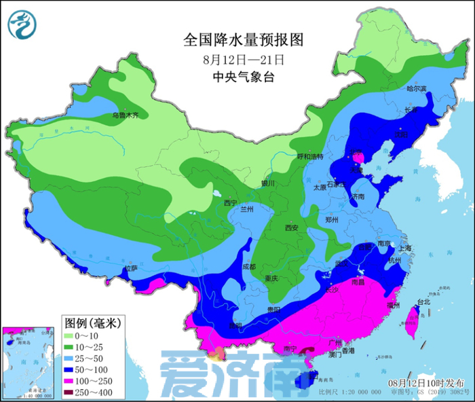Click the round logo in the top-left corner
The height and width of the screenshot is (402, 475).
(x=22, y=25)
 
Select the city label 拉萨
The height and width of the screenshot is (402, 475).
(x=132, y=269)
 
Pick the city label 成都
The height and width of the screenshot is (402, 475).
(x=250, y=266)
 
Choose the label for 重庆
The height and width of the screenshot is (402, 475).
(x=272, y=278)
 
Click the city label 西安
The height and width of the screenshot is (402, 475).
(x=292, y=227)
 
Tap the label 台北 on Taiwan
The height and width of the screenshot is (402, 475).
(x=423, y=301)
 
